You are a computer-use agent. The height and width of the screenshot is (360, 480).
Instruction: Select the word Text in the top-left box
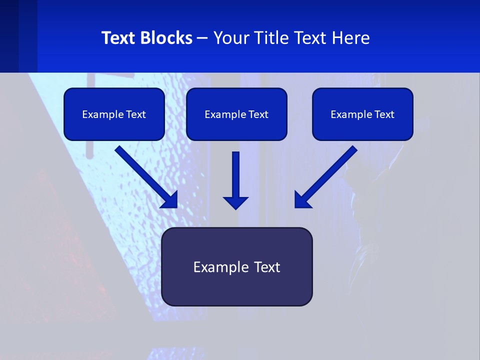[x=135, y=114]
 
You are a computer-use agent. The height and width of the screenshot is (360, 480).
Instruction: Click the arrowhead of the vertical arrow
[x=235, y=202]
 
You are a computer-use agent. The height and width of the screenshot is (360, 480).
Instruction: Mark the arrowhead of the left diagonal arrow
[x=170, y=200]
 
